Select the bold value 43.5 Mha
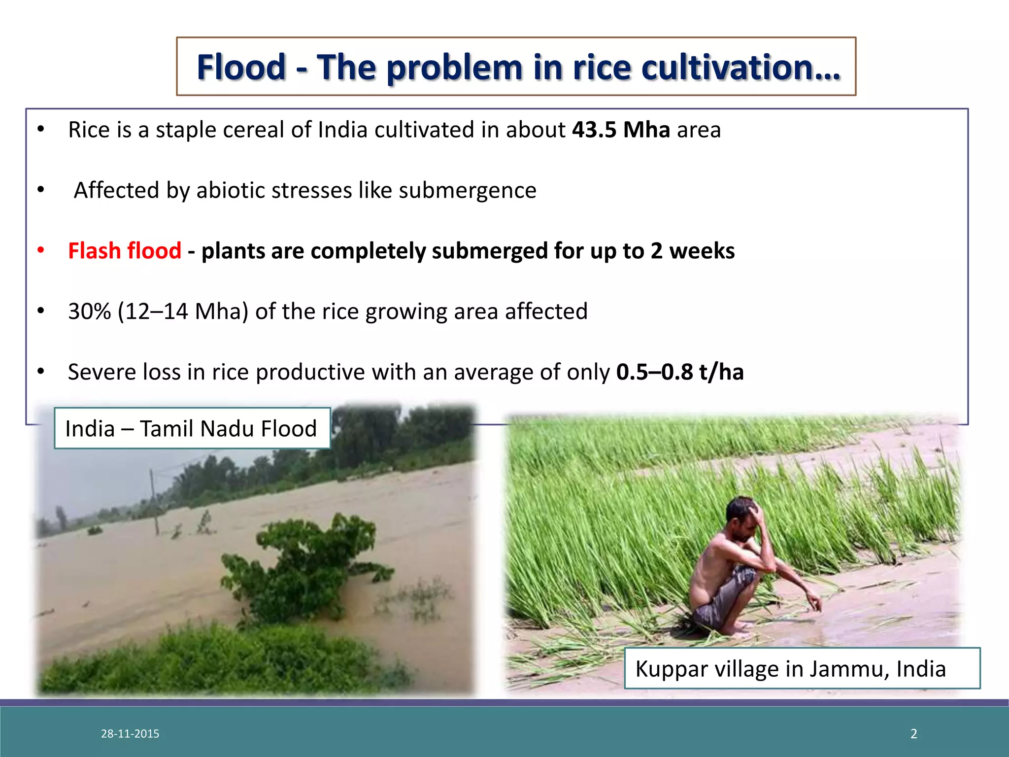[621, 130]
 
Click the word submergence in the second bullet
[467, 190]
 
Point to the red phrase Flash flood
[125, 251]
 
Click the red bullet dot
[41, 250]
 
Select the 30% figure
[89, 311]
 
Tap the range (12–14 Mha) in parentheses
[183, 311]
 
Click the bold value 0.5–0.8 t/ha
[680, 372]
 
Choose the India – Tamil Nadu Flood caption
[191, 428]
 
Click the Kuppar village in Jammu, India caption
[790, 669]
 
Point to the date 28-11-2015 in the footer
[130, 734]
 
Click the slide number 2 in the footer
[914, 734]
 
